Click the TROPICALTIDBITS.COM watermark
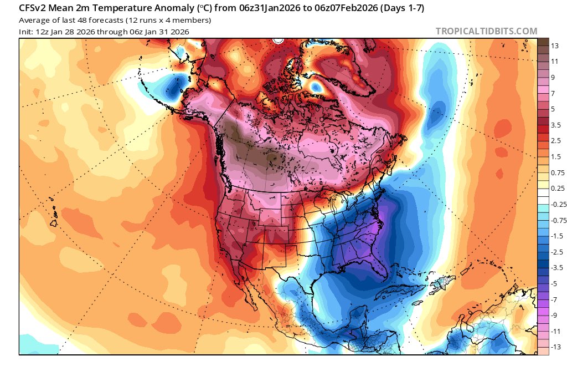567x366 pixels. coord(486,31)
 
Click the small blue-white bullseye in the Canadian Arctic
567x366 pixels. coord(317,87)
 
